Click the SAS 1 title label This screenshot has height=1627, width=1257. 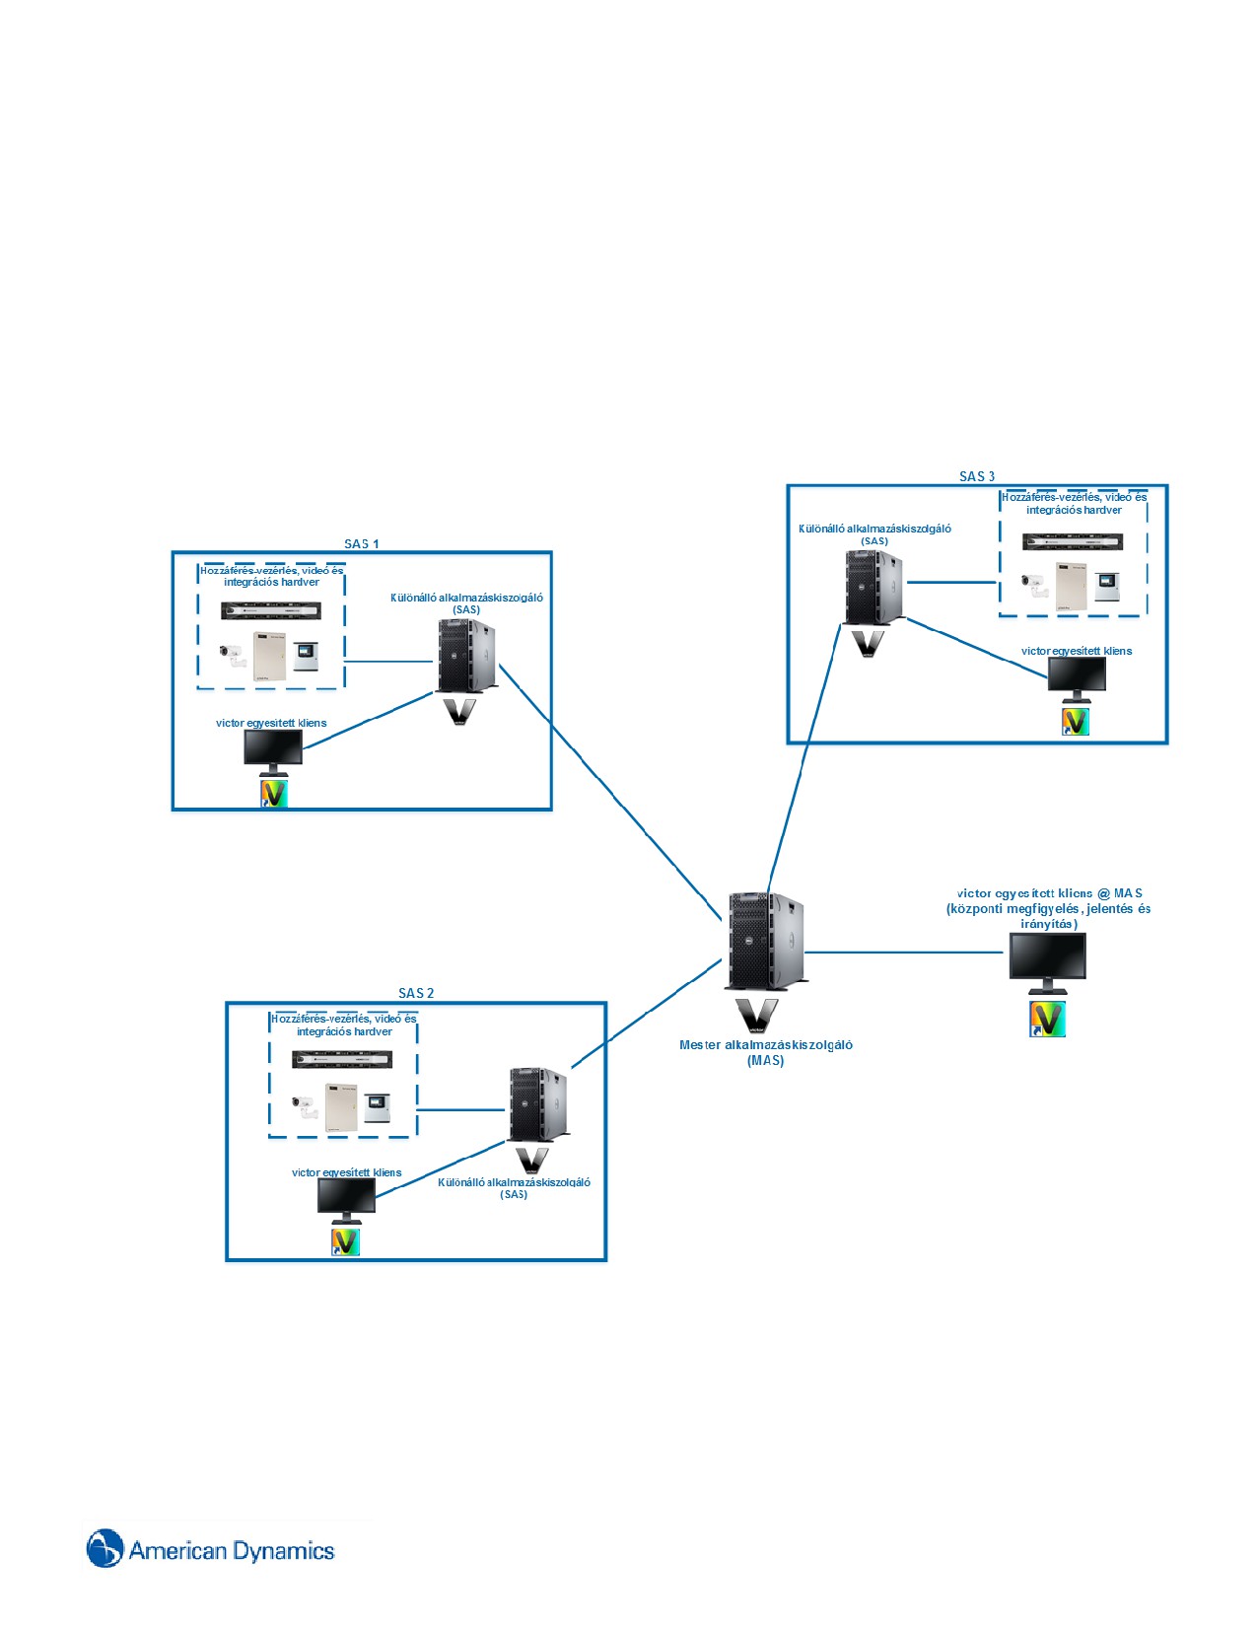[x=362, y=543]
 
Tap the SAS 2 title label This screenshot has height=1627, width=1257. [x=416, y=993]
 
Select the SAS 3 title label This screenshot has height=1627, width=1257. [x=977, y=476]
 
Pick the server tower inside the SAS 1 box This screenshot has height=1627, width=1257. [x=467, y=656]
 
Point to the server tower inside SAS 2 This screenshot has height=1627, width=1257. [x=538, y=1104]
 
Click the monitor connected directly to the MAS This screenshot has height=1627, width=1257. [x=1047, y=963]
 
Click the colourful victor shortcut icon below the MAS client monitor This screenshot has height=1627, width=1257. [x=1047, y=1019]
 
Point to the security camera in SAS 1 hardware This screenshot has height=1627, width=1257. [x=233, y=655]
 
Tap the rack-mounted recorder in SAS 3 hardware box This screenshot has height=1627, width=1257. [x=1073, y=542]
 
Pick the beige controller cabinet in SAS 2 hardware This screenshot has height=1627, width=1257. [x=341, y=1107]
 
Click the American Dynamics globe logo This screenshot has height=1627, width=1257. [x=105, y=1548]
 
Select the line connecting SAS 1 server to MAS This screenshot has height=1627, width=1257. [x=610, y=792]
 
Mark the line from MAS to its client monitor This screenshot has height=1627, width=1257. [x=904, y=953]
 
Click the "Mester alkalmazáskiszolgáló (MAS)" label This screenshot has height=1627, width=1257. [x=766, y=1052]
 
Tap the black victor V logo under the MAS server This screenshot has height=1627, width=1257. [x=756, y=1016]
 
